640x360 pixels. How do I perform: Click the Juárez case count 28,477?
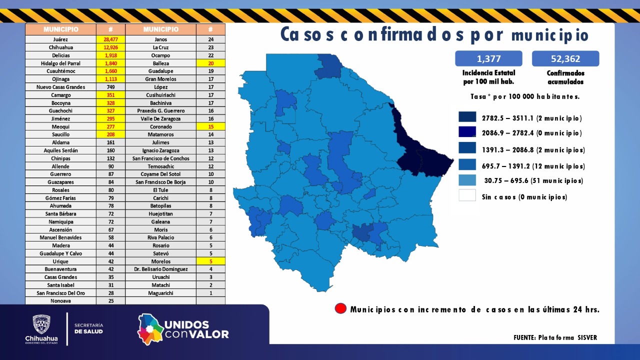click(x=110, y=39)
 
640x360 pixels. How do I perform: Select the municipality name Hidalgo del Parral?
click(x=60, y=63)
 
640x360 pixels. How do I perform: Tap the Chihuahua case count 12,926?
click(x=110, y=47)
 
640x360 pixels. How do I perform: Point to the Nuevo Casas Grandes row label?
click(x=60, y=87)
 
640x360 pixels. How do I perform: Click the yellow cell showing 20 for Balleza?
click(x=210, y=63)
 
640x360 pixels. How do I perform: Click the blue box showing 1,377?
click(x=488, y=58)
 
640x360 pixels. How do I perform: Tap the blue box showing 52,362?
click(x=565, y=58)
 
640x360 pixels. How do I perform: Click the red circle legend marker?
click(x=340, y=308)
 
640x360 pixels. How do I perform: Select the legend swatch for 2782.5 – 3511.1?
click(x=467, y=117)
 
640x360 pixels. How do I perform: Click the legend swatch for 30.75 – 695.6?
click(x=467, y=180)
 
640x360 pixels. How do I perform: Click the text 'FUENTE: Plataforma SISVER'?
click(x=555, y=337)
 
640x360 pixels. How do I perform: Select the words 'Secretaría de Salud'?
click(x=88, y=328)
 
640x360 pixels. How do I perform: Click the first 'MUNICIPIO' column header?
click(x=60, y=29)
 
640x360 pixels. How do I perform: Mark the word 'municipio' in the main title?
click(x=550, y=35)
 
